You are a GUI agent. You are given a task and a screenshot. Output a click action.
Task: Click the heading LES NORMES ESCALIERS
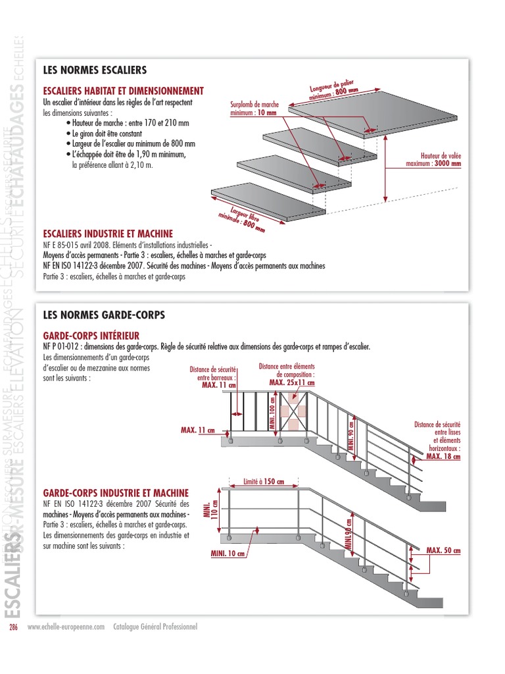coord(94,69)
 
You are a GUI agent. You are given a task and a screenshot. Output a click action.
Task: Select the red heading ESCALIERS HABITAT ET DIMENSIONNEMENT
coord(123,91)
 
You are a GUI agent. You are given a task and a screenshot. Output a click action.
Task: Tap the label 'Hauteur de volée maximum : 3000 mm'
coord(433,159)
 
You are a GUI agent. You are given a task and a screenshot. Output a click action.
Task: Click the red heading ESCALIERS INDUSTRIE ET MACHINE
coord(108,234)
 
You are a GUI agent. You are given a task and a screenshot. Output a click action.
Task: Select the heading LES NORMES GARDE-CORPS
coord(103,315)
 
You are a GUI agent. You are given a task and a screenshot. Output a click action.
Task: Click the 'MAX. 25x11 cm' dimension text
coord(292,382)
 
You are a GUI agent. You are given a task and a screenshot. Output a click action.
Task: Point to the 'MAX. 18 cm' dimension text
coord(443,456)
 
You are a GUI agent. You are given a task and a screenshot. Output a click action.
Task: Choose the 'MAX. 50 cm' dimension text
coord(443,550)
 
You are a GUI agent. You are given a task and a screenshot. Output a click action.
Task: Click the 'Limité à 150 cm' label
coord(264,481)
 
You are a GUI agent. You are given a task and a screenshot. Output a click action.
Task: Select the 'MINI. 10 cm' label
coord(228,554)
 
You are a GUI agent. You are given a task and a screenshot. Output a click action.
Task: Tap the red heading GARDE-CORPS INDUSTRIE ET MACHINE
coord(116,492)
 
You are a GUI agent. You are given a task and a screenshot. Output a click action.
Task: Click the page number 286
coord(13,627)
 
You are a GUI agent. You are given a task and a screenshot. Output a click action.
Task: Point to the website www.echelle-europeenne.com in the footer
coord(66,627)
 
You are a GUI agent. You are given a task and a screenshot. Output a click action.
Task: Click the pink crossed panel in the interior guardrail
coord(291,411)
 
